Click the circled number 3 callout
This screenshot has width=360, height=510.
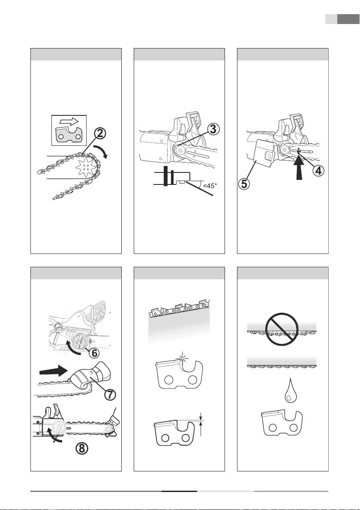pos(213,129)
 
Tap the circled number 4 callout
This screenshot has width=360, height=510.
pos(318,170)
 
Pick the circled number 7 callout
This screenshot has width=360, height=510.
pos(110,394)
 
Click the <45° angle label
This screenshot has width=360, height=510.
pos(210,186)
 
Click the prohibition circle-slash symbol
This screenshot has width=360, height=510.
pos(282,329)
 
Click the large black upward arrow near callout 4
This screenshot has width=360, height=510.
pos(299,168)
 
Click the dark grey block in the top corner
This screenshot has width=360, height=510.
pos(348,19)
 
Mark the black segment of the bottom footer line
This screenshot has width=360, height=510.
pos(179,491)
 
